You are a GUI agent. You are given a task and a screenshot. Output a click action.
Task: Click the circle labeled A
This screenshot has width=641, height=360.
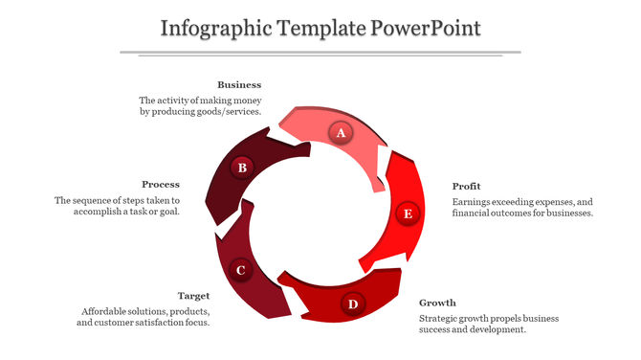tap(340, 133)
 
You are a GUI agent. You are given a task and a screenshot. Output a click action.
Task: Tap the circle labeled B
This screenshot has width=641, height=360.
tap(242, 168)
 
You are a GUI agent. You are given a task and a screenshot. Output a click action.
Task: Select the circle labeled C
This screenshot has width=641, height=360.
tap(241, 270)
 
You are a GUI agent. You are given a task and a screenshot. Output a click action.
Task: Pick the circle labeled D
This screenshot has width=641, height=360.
tap(353, 304)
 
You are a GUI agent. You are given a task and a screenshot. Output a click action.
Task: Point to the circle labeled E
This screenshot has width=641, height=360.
tap(408, 214)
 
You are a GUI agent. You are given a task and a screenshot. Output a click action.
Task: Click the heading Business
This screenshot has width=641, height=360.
tap(239, 84)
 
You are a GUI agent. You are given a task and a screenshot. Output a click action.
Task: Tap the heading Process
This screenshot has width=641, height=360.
tap(161, 184)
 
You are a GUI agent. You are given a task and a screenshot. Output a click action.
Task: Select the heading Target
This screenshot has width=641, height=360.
tap(194, 296)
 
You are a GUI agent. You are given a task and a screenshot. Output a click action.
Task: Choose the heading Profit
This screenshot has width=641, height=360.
tap(467, 185)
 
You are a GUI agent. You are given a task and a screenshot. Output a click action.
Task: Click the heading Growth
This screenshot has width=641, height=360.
tap(437, 303)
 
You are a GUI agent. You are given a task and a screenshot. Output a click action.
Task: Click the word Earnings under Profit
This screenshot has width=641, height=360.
tap(475, 201)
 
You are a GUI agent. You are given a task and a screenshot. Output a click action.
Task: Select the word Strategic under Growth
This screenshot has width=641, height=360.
tap(442, 318)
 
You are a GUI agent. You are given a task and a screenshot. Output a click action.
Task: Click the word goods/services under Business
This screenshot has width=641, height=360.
tap(229, 111)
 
